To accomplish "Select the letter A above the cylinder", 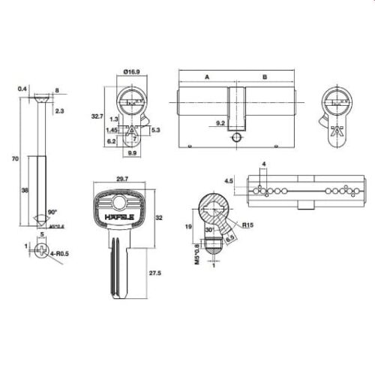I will click(x=205, y=77).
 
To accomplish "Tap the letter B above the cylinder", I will click(x=265, y=77).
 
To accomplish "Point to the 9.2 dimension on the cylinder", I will click(x=220, y=122).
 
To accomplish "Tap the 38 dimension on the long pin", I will click(x=25, y=192).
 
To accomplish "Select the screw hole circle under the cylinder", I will click(x=237, y=138).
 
